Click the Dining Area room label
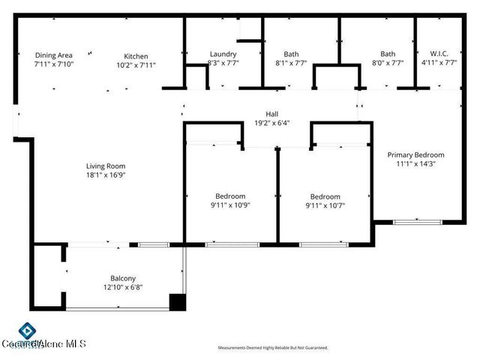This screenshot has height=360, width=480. (x=53, y=55)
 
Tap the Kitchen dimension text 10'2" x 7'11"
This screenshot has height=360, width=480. (x=136, y=65)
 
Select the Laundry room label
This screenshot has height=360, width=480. (x=223, y=54)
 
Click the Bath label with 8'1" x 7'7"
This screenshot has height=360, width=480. (x=291, y=54)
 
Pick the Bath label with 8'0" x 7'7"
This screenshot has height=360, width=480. (x=388, y=54)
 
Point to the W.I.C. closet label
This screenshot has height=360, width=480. (x=439, y=54)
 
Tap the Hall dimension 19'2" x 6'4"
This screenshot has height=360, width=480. (x=271, y=123)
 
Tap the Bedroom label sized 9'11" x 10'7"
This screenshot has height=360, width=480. (x=325, y=196)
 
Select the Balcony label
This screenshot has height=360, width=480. (x=122, y=277)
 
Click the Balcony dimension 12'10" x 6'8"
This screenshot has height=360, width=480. (x=122, y=286)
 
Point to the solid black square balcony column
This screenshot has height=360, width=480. (x=177, y=302)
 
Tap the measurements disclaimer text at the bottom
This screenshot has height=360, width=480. (x=273, y=348)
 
